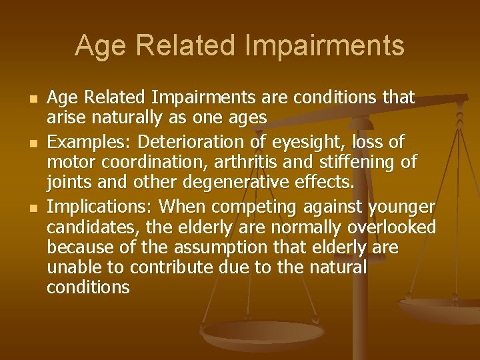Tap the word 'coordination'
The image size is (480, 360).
[151, 162]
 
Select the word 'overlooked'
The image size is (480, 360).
[391, 227]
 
